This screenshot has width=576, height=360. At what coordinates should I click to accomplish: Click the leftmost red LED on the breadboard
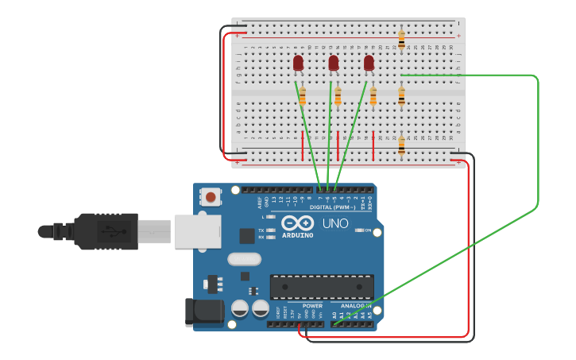pos(298,63)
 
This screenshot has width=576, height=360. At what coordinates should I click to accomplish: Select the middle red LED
pos(334,63)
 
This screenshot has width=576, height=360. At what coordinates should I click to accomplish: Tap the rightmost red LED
pos(369,63)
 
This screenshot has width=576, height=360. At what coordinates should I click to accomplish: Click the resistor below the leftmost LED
pos(302,96)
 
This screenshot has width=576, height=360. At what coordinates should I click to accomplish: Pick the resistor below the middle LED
pos(338,96)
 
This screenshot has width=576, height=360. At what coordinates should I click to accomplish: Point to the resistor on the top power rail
pos(401,38)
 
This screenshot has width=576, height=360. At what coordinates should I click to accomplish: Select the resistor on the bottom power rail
pos(401,145)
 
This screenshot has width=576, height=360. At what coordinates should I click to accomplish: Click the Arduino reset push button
pos(211,196)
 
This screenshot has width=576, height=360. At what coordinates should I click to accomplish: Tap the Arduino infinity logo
pos(298,223)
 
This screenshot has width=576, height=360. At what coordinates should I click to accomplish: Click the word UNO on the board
pos(335,223)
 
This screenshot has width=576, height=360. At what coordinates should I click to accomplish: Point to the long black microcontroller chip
pos(322,287)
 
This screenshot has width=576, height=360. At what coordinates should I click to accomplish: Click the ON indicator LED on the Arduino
pos(358,230)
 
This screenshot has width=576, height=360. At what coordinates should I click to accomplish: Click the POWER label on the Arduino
pos(312,305)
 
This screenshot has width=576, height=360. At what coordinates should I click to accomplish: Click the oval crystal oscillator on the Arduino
pos(244,258)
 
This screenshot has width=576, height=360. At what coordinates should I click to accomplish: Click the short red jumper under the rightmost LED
pos(373,146)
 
